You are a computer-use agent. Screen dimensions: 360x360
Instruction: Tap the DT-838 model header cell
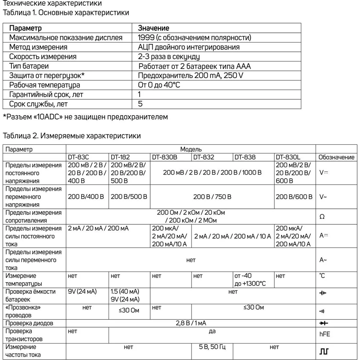pyautogui.click(x=245, y=157)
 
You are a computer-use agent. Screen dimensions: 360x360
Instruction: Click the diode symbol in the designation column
pyautogui.click(x=324, y=323)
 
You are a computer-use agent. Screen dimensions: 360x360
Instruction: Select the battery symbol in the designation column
pyautogui.click(x=323, y=293)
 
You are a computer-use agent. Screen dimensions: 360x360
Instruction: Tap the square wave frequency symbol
pyautogui.click(x=324, y=350)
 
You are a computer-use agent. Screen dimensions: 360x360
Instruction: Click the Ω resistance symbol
pyautogui.click(x=322, y=217)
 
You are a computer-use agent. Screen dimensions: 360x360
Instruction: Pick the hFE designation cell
pyautogui.click(x=324, y=334)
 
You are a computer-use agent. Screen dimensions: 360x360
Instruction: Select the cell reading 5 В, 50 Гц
pyautogui.click(x=212, y=347)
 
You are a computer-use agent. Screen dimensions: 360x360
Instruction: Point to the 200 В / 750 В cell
pyautogui.click(x=212, y=197)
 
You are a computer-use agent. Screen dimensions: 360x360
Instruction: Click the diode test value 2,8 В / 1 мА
pyautogui.click(x=191, y=323)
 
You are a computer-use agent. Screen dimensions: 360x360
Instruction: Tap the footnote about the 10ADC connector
pyautogui.click(x=85, y=117)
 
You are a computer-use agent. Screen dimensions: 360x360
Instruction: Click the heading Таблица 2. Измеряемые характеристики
pyautogui.click(x=72, y=136)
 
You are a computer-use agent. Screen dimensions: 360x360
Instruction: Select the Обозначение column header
pyautogui.click(x=336, y=157)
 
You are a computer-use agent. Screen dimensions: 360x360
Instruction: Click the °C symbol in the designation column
pyautogui.click(x=322, y=276)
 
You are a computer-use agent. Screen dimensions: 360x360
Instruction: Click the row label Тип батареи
pyautogui.click(x=29, y=66)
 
